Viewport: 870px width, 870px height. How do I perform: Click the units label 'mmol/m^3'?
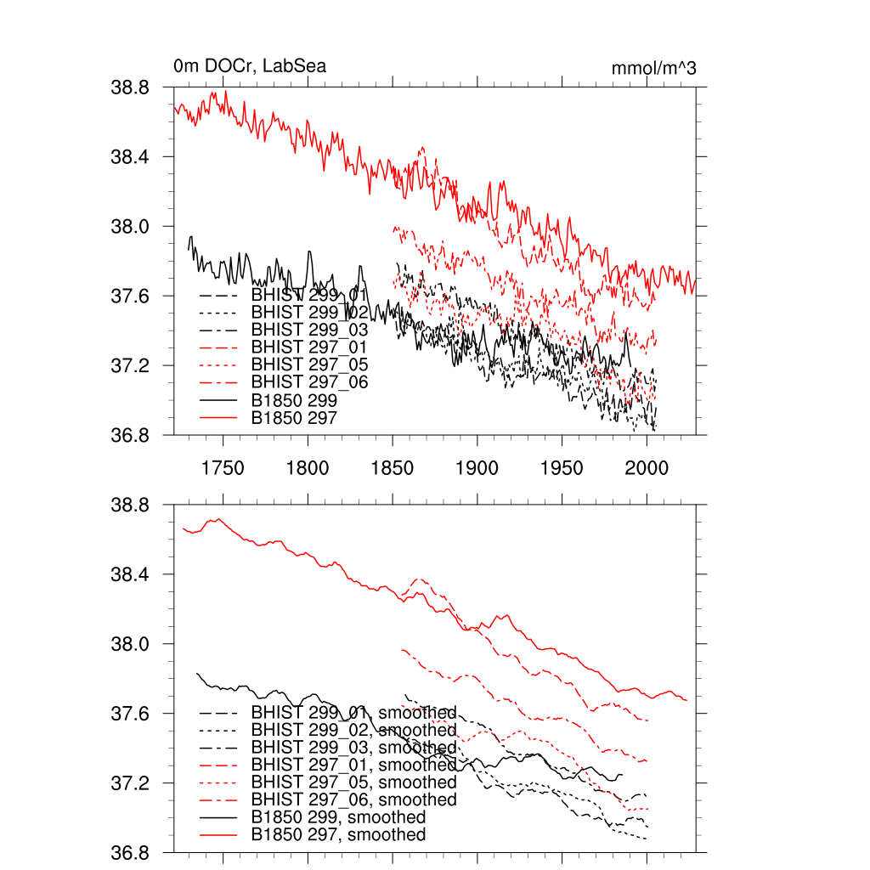click(654, 68)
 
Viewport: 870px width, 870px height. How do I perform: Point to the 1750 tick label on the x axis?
click(223, 469)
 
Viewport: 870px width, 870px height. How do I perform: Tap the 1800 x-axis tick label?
click(308, 469)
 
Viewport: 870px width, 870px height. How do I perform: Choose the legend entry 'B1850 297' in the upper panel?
click(294, 417)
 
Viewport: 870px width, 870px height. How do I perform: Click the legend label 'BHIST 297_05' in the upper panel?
click(309, 364)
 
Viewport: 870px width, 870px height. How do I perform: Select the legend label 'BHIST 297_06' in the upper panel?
click(309, 382)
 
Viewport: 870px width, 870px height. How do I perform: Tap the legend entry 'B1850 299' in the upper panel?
click(294, 399)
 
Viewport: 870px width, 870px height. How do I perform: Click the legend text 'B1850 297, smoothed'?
click(338, 834)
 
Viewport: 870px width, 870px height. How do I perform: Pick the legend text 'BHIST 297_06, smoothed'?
click(353, 799)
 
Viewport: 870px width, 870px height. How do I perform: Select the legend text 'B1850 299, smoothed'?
click(338, 816)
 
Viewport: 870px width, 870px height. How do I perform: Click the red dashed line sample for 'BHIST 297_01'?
click(217, 347)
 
